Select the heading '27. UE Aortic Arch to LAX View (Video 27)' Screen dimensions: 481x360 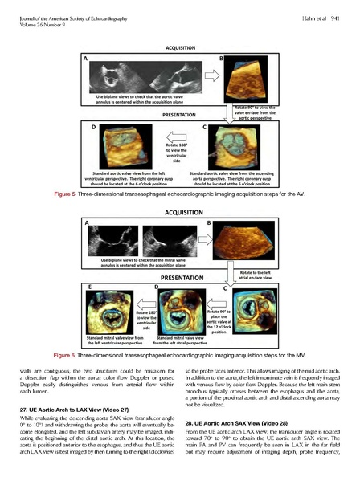point(72,408)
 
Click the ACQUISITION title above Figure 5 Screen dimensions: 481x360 point(179,47)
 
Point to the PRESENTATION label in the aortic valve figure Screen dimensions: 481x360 point(178,114)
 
